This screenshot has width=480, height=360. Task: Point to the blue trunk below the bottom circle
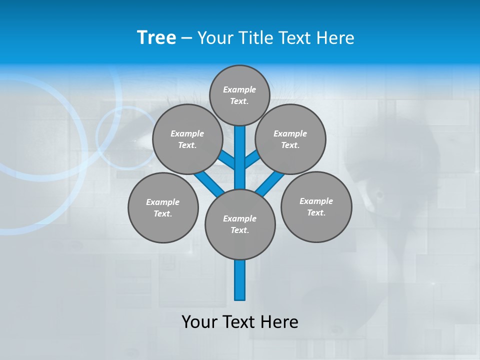coord(240,280)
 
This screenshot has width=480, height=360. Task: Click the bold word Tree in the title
coord(156,37)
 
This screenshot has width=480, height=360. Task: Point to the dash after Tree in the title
coord(186,38)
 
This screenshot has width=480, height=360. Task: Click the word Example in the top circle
coord(239,89)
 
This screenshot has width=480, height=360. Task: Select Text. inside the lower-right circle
coord(316,212)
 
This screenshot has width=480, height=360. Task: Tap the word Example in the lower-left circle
coord(163,202)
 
